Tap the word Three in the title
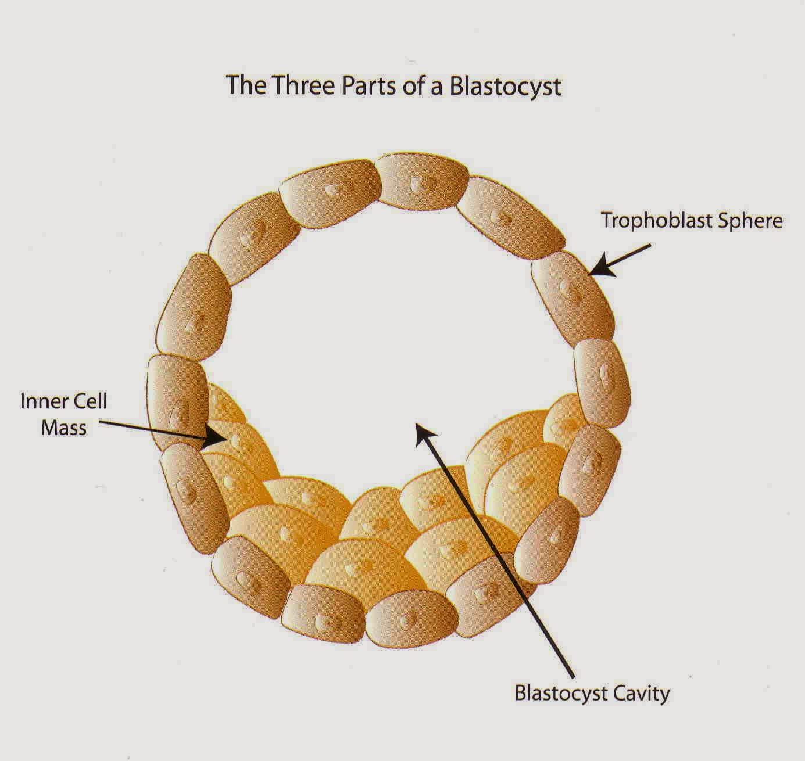click(x=303, y=85)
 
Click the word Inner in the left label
click(x=40, y=401)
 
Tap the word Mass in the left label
click(x=63, y=428)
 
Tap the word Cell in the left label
click(x=88, y=401)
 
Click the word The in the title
click(x=245, y=85)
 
